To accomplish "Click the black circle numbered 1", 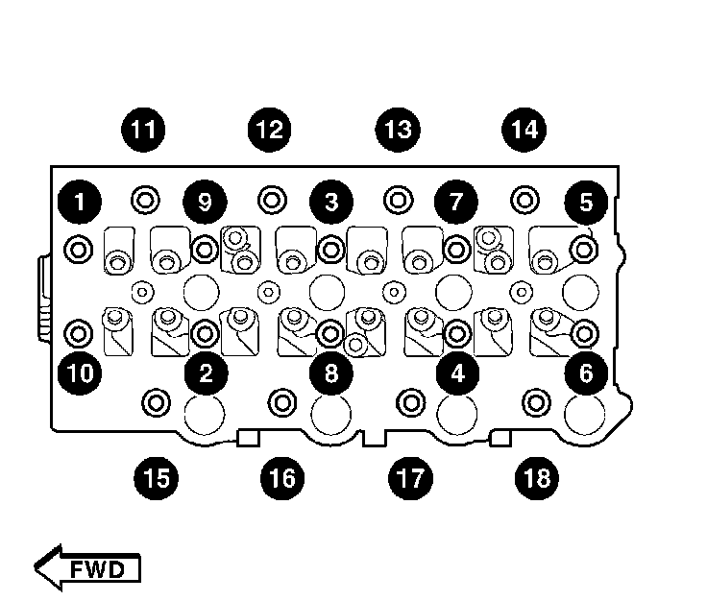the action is point(80,203).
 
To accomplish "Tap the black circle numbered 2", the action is point(207,373).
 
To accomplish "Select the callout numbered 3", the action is point(331,203).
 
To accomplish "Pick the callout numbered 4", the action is point(457,373).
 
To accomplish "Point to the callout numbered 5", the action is point(585,203).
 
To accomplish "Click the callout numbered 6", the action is point(585,373).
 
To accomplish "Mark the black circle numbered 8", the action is point(331,373).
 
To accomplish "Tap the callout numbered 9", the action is point(206,203).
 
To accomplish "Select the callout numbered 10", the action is point(80,373).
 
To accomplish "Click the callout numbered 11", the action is point(144,129).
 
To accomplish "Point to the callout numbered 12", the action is point(271,129).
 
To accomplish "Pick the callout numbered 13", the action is point(398,129).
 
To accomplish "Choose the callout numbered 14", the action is point(524,129).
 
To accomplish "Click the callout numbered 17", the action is point(410,476).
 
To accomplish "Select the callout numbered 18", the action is point(537,476).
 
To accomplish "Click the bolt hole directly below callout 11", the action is point(145,200).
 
